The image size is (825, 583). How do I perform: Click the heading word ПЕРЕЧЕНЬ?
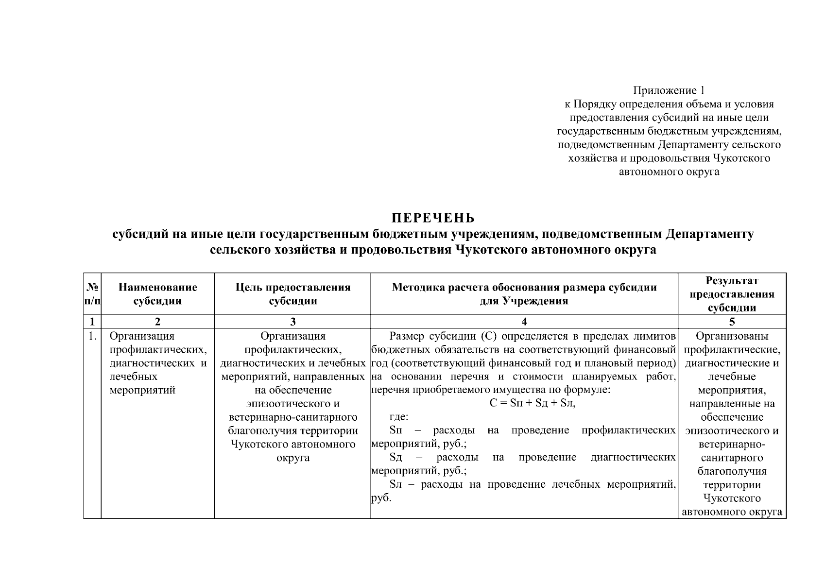tap(433, 217)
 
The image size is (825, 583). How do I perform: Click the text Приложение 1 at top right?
tap(669, 90)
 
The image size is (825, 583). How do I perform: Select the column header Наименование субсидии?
tap(157, 293)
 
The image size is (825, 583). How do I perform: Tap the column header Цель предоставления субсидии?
tap(292, 293)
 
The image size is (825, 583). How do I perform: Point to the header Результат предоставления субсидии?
tap(732, 293)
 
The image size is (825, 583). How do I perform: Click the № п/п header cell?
tap(92, 293)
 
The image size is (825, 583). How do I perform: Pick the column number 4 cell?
tap(524, 322)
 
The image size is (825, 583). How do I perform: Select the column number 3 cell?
tap(292, 322)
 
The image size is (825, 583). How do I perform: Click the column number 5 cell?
tap(732, 322)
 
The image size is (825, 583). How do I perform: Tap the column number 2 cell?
tap(157, 322)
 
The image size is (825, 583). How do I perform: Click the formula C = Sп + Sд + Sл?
tap(532, 403)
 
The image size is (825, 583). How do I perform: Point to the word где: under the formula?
tap(399, 417)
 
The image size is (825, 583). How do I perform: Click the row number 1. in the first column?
tap(92, 336)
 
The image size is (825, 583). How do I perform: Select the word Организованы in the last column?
tap(732, 336)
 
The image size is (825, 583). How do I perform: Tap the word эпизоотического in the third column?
tap(292, 403)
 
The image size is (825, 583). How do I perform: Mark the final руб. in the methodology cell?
tap(381, 498)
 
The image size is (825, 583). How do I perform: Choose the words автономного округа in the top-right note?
tap(669, 171)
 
